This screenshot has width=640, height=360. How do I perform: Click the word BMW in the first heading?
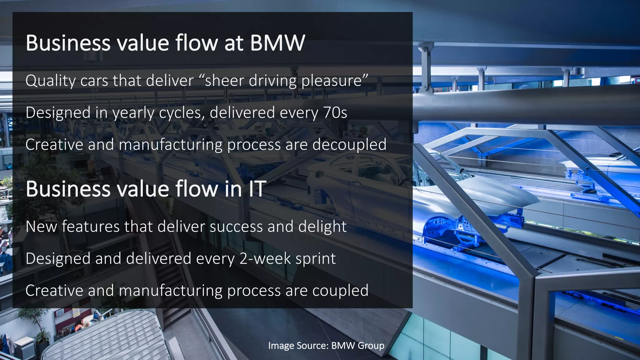click(x=277, y=43)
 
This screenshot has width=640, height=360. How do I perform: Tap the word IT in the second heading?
click(x=257, y=189)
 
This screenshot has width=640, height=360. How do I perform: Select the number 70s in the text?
click(x=335, y=112)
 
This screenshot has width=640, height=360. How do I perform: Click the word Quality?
click(x=50, y=81)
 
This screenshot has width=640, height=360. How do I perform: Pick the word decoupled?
click(x=349, y=145)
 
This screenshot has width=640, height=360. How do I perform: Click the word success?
click(x=236, y=227)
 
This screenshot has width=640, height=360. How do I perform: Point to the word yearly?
click(x=133, y=113)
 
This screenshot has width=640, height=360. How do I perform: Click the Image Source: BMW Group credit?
click(x=326, y=346)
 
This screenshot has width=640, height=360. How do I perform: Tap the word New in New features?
click(x=41, y=227)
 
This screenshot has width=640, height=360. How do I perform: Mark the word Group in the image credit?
click(x=371, y=346)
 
